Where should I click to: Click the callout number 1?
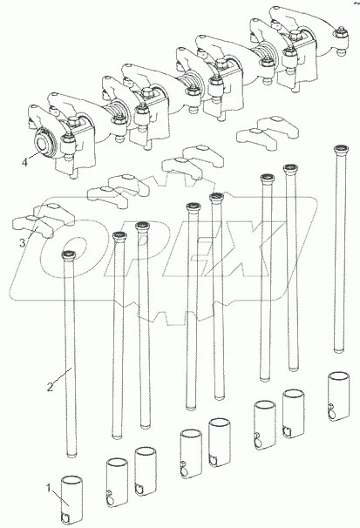[49, 488]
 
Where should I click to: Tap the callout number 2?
[50, 387]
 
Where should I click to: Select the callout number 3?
[22, 242]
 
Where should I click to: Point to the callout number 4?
[24, 163]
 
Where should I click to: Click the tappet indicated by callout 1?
[71, 500]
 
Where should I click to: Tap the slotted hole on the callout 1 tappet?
[65, 517]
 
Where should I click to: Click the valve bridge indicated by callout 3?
[43, 220]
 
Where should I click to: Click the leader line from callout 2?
[63, 376]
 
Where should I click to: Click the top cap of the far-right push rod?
[341, 149]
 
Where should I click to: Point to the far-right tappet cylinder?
[338, 396]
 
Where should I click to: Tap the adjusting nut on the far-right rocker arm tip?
[341, 33]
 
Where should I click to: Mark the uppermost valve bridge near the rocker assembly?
[268, 133]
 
